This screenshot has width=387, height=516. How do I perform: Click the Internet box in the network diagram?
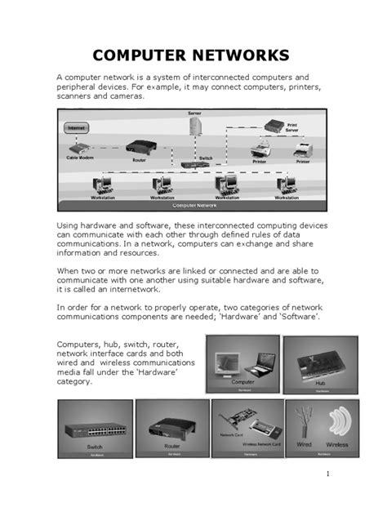[75, 128]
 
